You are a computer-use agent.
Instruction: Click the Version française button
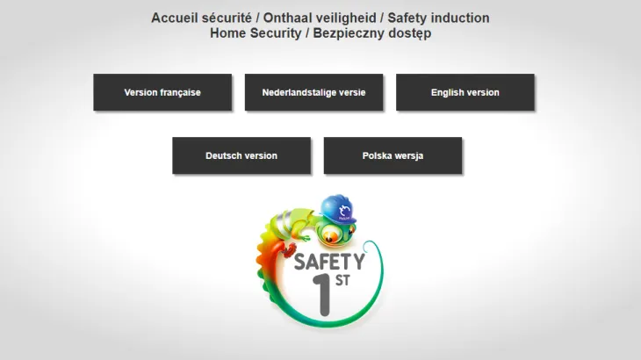162,92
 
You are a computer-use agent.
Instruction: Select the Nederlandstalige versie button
314,92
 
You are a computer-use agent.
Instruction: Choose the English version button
465,92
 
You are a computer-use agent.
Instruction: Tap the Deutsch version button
241,155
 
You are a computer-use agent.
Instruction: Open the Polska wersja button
393,155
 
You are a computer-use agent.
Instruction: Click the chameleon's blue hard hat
338,209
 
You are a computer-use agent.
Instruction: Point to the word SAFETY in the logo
329,262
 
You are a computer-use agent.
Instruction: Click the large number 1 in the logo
322,295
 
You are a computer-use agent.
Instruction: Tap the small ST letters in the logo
342,280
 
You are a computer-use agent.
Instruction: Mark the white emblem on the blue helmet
344,212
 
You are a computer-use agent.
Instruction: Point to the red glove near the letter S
290,249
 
